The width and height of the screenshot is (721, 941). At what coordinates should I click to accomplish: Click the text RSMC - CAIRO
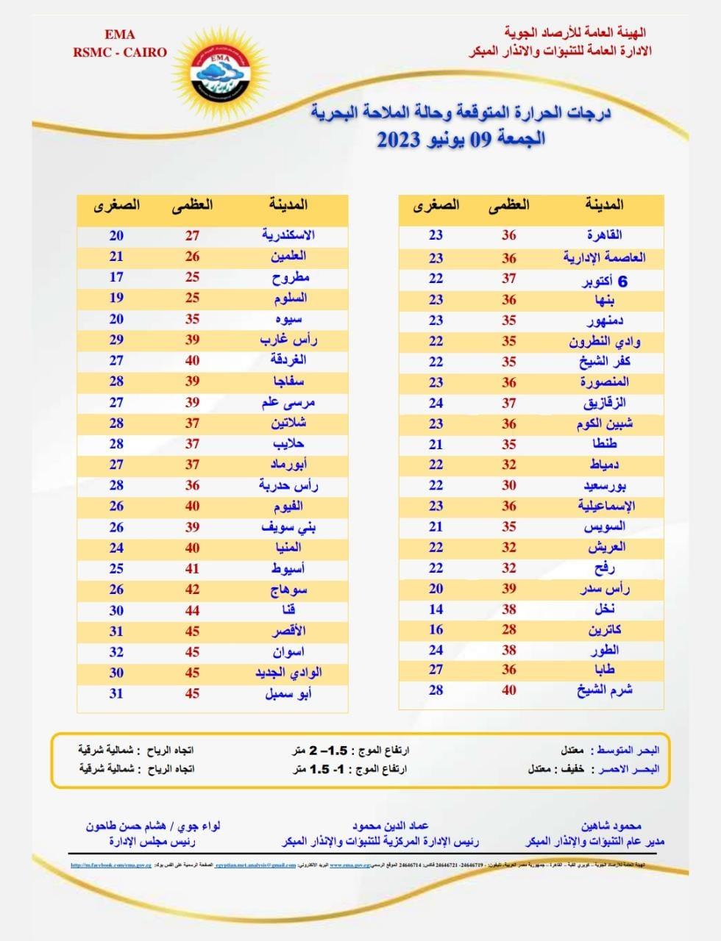click(x=119, y=52)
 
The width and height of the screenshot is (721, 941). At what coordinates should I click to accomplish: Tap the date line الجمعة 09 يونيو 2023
click(x=461, y=139)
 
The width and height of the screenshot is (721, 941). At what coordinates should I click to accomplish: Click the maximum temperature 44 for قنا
click(x=192, y=610)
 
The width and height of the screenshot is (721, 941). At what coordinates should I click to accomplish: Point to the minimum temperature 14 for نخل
click(x=436, y=609)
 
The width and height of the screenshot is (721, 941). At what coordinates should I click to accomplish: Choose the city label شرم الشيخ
click(x=605, y=690)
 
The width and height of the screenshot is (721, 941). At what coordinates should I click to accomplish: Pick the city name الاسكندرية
click(x=288, y=235)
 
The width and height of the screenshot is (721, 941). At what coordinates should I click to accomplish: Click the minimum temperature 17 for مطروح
click(x=116, y=277)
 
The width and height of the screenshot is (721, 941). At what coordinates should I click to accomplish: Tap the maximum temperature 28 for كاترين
click(x=508, y=630)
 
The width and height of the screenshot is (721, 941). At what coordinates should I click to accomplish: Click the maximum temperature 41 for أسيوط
click(x=192, y=569)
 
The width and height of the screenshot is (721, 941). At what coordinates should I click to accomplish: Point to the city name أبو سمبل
click(x=288, y=694)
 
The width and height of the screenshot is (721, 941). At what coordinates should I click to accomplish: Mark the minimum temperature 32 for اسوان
click(x=116, y=652)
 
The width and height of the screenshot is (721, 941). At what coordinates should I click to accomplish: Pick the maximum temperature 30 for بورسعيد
click(x=508, y=485)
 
